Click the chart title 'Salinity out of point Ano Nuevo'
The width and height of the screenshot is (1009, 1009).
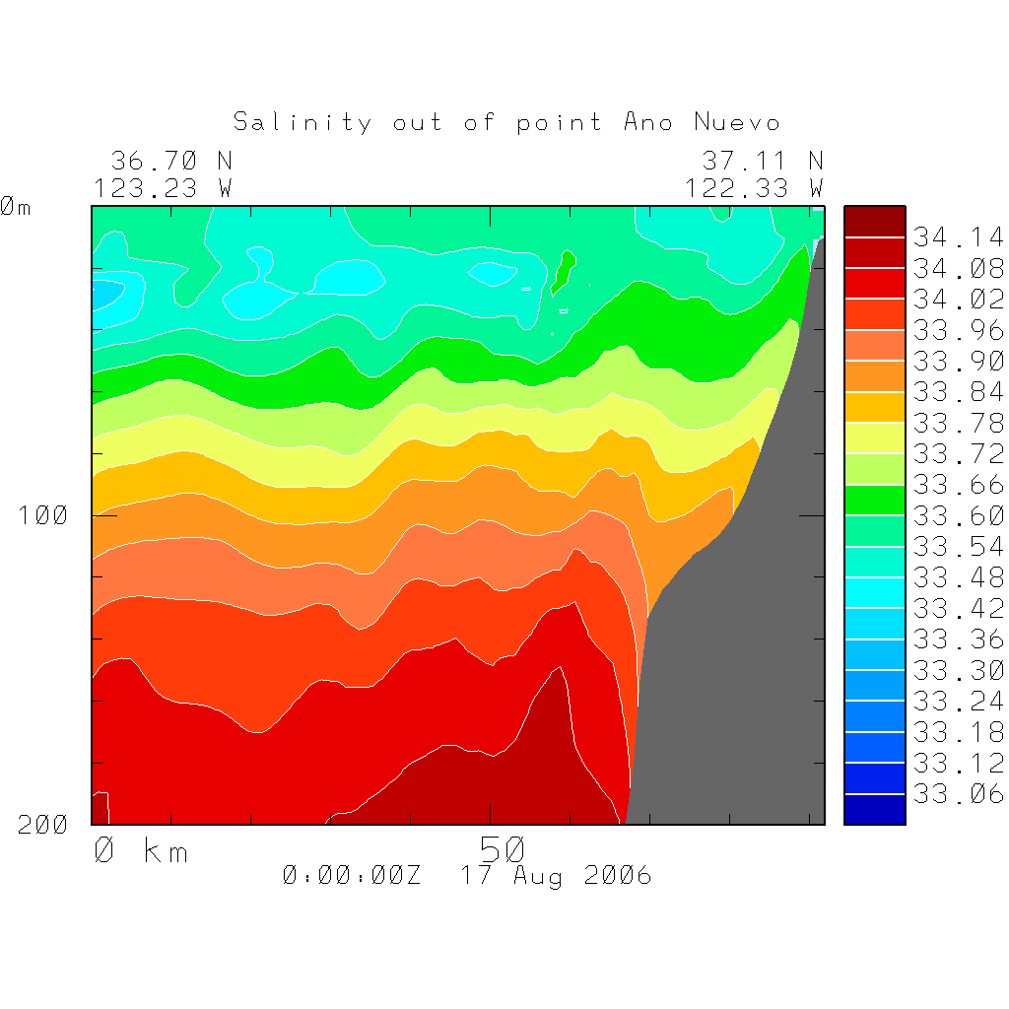pyautogui.click(x=506, y=123)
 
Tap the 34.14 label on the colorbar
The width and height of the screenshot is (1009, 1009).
pyautogui.click(x=958, y=237)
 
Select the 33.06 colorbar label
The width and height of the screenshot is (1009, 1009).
pyautogui.click(x=958, y=794)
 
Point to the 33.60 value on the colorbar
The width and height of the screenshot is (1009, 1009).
pyautogui.click(x=958, y=515)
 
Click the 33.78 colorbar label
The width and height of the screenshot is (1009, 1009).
pyautogui.click(x=958, y=423)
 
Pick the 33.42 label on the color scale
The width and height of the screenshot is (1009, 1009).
pyautogui.click(x=958, y=608)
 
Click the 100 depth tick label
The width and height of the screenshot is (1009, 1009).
pyautogui.click(x=42, y=514)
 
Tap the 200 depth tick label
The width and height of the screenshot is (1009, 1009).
pyautogui.click(x=42, y=825)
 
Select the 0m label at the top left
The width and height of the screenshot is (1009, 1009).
pyautogui.click(x=16, y=207)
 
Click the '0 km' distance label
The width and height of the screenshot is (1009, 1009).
pyautogui.click(x=140, y=850)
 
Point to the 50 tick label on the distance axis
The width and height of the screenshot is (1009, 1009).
pyautogui.click(x=504, y=848)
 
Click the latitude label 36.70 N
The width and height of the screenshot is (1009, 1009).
pyautogui.click(x=171, y=161)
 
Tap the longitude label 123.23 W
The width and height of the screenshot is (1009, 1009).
pyautogui.click(x=164, y=187)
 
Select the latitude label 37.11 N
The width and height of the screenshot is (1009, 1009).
pyautogui.click(x=762, y=161)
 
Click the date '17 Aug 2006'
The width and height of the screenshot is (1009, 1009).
pyautogui.click(x=557, y=876)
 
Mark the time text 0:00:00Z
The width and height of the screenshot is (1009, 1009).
pyautogui.click(x=352, y=876)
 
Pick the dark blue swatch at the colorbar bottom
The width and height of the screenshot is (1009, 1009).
pyautogui.click(x=874, y=809)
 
